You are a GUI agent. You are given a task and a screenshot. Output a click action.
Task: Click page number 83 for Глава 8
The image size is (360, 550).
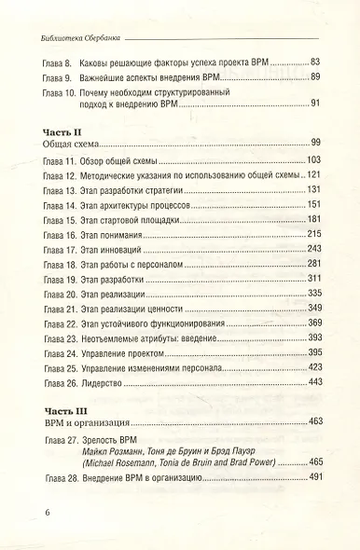315,60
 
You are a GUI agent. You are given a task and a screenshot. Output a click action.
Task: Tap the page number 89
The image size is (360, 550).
315,76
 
